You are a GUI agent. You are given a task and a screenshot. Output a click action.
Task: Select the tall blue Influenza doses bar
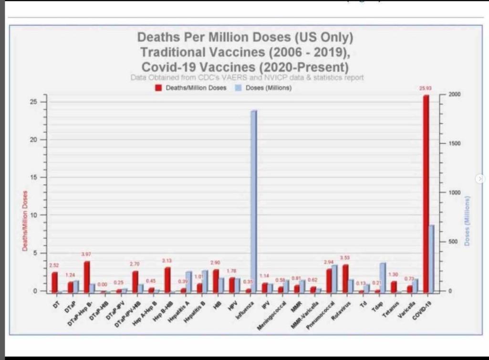point(253,201)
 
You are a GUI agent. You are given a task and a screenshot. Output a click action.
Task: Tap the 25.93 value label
point(425,88)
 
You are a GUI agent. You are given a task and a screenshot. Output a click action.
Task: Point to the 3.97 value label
point(86,254)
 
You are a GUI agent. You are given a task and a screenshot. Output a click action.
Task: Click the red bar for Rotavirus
point(345,278)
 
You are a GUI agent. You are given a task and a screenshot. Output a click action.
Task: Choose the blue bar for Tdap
point(383,277)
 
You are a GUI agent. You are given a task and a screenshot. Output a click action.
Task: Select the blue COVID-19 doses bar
point(431,258)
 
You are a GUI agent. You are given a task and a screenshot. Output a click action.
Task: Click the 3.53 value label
point(344,258)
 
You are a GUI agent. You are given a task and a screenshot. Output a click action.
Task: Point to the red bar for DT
point(54,282)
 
